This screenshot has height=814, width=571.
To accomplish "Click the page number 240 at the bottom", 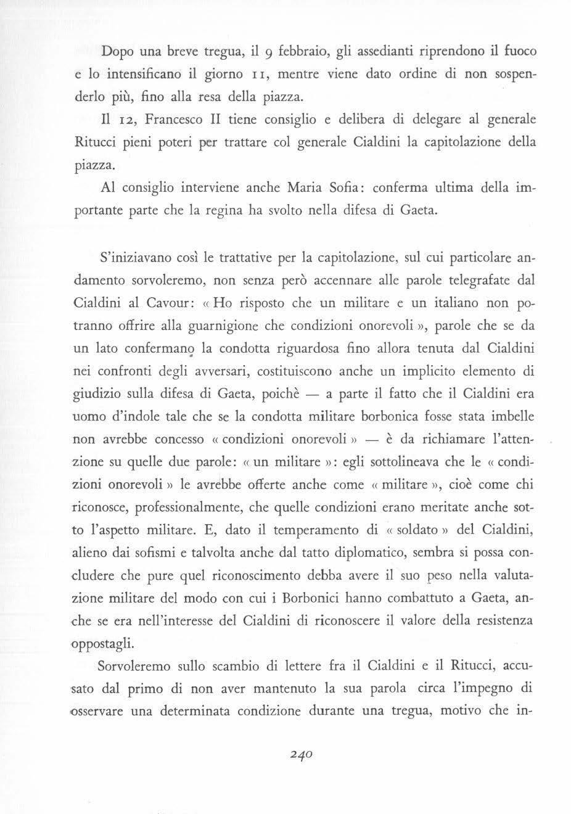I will pyautogui.click(x=302, y=754).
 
